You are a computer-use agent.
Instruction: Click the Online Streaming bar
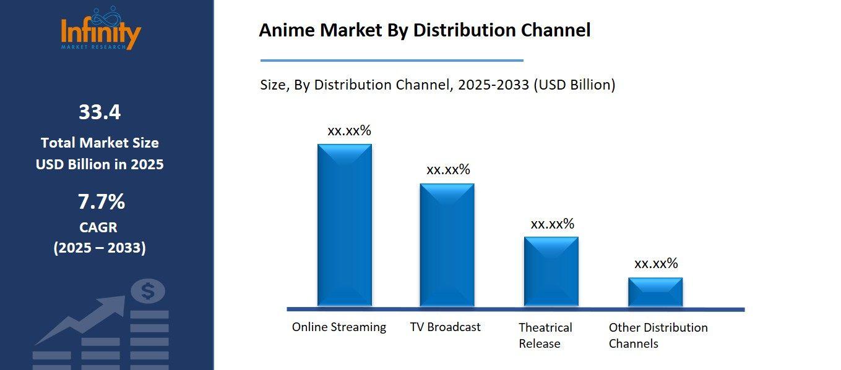click(x=345, y=225)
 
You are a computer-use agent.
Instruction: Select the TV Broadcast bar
click(x=447, y=245)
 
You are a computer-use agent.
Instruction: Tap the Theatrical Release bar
click(x=551, y=271)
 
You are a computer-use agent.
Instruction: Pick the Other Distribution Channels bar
click(x=655, y=292)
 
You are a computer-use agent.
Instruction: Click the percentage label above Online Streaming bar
click(x=349, y=131)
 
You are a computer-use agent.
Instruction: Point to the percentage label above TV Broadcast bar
click(x=448, y=170)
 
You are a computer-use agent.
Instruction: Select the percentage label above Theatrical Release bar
click(x=552, y=224)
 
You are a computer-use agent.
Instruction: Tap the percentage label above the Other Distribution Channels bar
click(x=656, y=264)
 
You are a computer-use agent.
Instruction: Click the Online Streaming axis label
click(x=339, y=327)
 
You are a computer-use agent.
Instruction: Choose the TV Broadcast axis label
click(x=445, y=327)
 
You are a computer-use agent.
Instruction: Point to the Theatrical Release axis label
click(x=545, y=335)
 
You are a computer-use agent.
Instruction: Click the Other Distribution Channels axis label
click(x=658, y=335)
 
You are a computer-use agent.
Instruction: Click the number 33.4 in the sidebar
click(x=100, y=112)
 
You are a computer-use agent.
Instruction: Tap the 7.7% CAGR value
click(x=101, y=202)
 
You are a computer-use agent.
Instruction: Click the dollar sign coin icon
click(x=148, y=291)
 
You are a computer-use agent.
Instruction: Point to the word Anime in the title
click(x=287, y=30)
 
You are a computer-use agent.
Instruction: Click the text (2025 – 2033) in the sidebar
click(x=100, y=248)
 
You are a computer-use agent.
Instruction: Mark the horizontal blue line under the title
click(x=392, y=61)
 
